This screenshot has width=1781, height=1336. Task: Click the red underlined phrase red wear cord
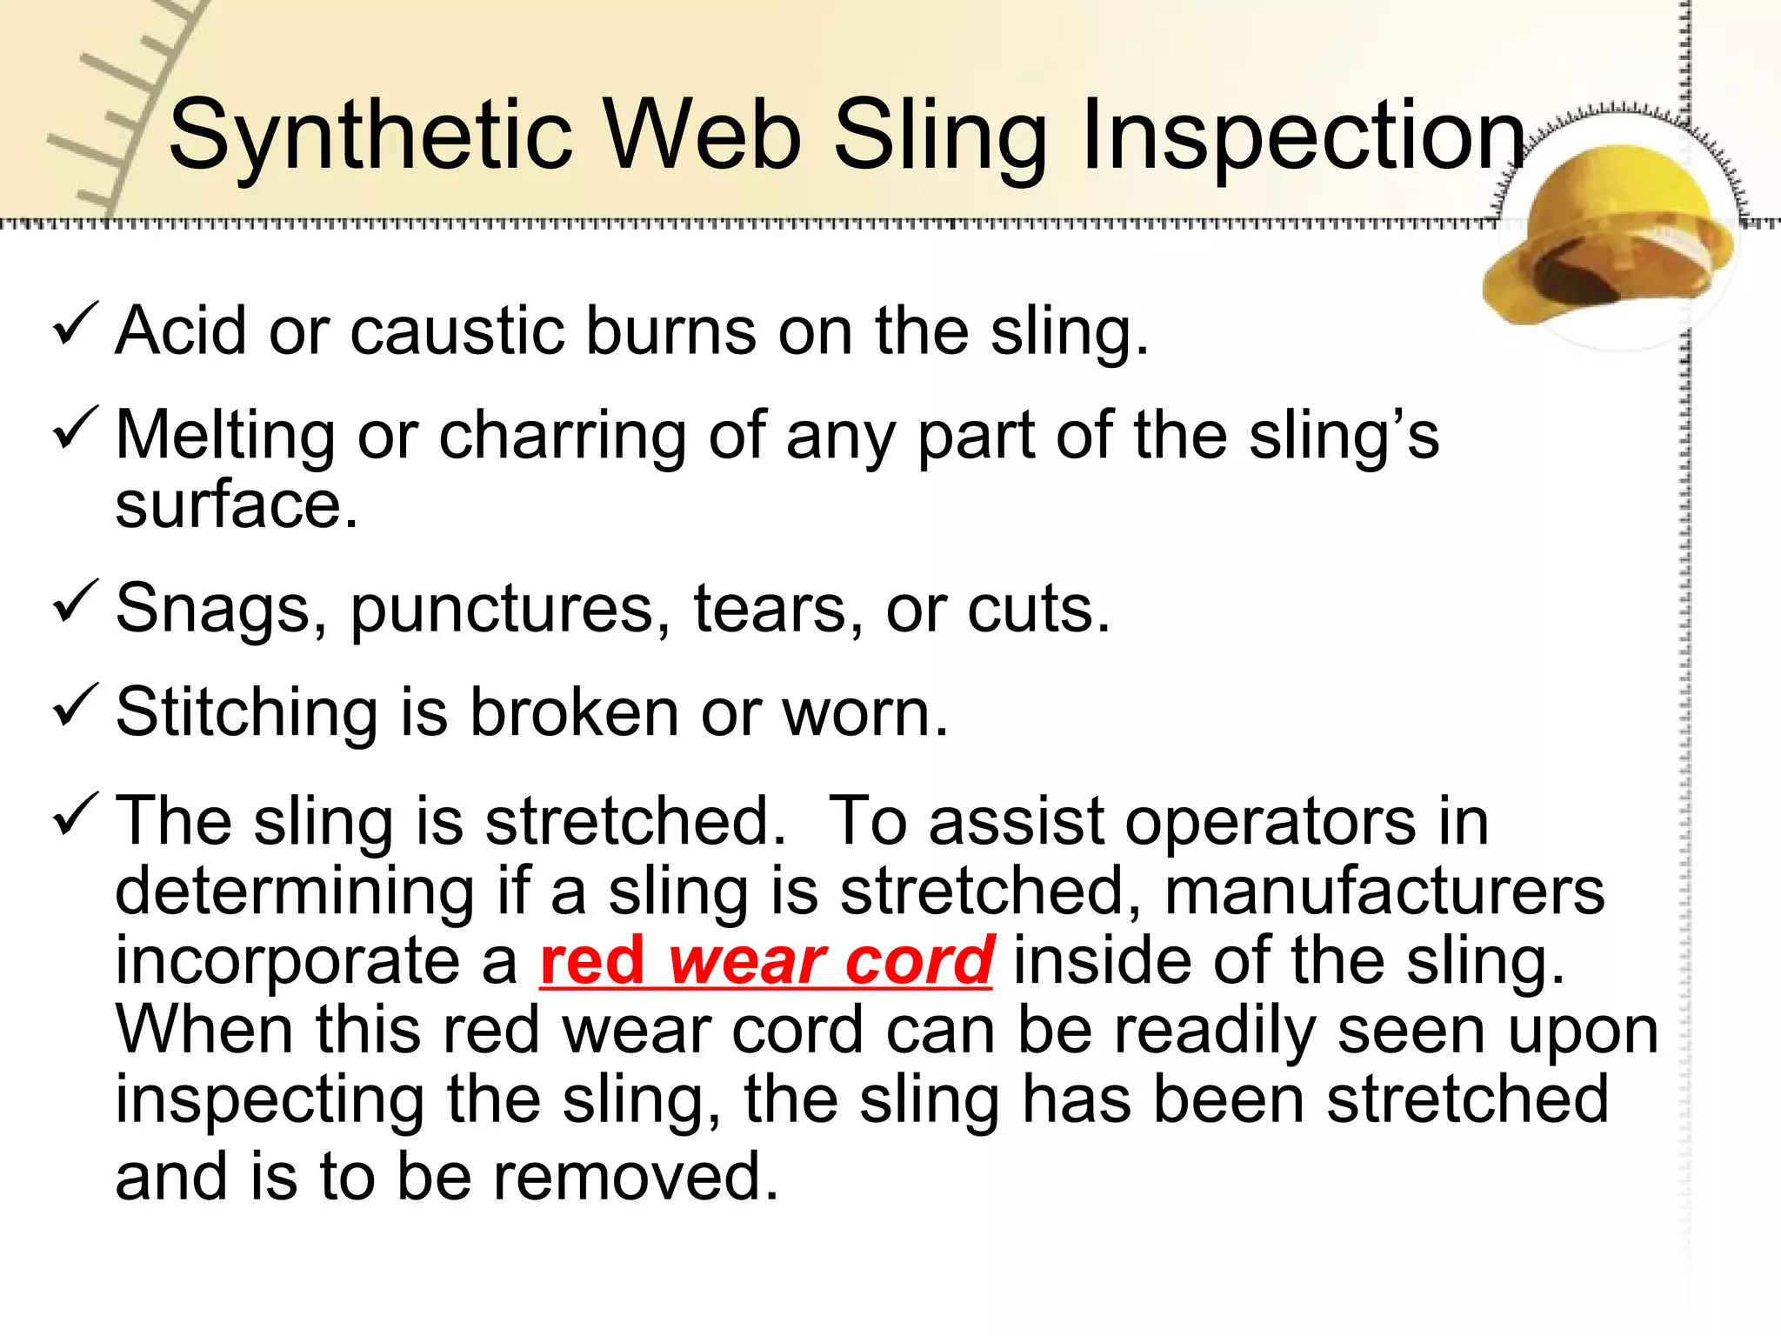click(x=766, y=961)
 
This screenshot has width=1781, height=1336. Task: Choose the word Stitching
click(x=246, y=713)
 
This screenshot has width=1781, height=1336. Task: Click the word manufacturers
click(x=1384, y=892)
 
